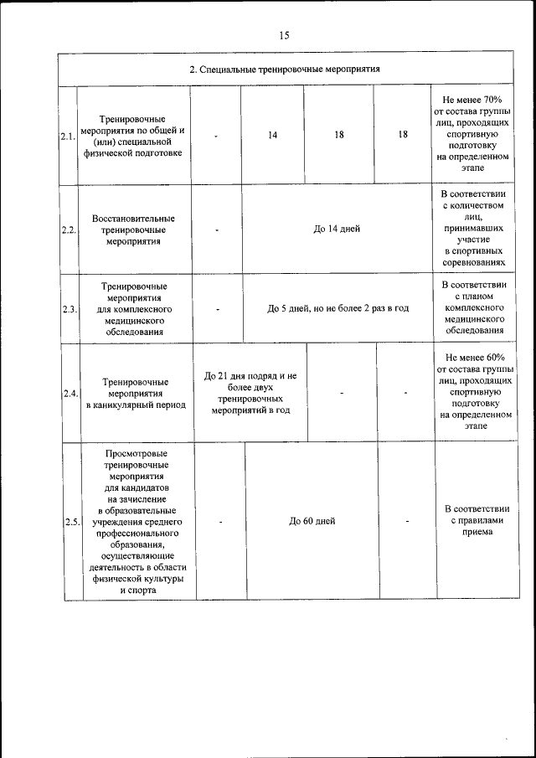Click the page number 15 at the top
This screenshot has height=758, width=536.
coord(285,35)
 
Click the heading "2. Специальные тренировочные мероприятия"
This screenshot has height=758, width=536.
coord(285,70)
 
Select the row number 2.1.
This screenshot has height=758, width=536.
coord(67,136)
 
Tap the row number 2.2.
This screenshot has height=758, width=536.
coord(69,230)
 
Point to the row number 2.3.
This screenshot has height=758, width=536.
coord(70,309)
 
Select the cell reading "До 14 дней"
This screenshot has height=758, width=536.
coord(337,229)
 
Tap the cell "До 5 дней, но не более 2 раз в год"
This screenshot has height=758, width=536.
coord(338,308)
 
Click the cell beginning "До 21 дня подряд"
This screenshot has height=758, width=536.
coord(250,393)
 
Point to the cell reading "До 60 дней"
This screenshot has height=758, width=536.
coord(312,521)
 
